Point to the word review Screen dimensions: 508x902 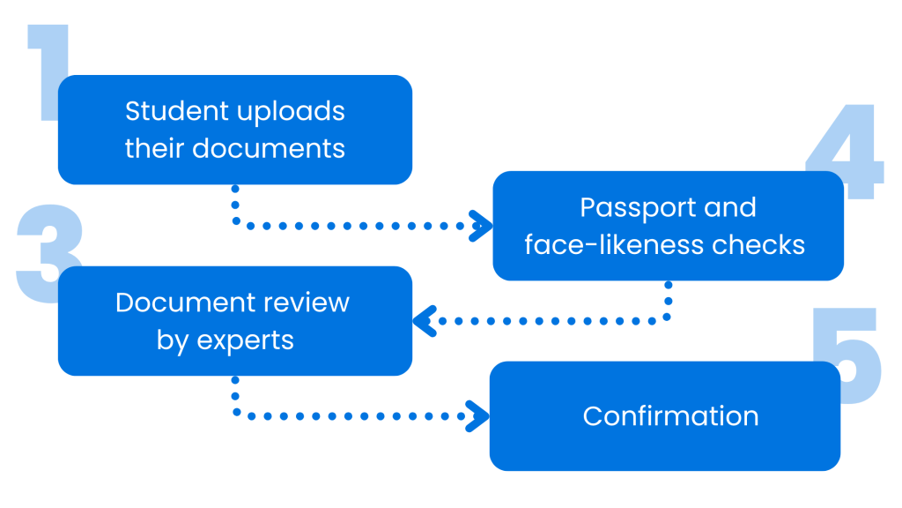303,303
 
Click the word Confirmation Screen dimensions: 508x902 670,415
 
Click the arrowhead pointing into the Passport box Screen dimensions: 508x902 482,225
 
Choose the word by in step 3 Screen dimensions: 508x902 174,340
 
